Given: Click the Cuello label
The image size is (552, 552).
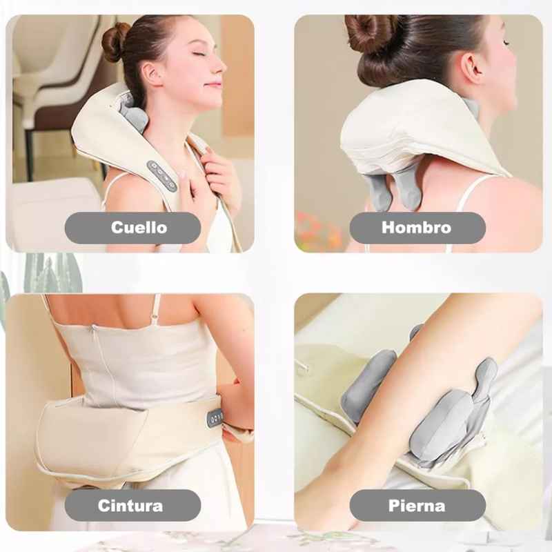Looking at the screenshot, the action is pos(139,228).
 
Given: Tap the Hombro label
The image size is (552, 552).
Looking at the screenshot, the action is pos(417,228).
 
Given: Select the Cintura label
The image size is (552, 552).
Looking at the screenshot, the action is pos(130,506).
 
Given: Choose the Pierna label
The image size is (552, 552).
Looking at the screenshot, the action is pos(417,506).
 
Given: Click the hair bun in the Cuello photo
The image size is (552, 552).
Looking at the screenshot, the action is pos(115,41).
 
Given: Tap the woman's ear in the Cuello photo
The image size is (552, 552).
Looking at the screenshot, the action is pos(151,74).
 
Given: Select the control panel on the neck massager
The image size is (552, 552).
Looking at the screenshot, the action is pos(161,176).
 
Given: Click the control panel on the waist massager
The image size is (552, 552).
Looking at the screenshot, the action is pos(215,418).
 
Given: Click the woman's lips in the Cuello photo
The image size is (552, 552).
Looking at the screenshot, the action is pos(213,84).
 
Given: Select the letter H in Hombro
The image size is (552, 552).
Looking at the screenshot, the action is pos(389,228).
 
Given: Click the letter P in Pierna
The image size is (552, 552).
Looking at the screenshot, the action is pos(394,506).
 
